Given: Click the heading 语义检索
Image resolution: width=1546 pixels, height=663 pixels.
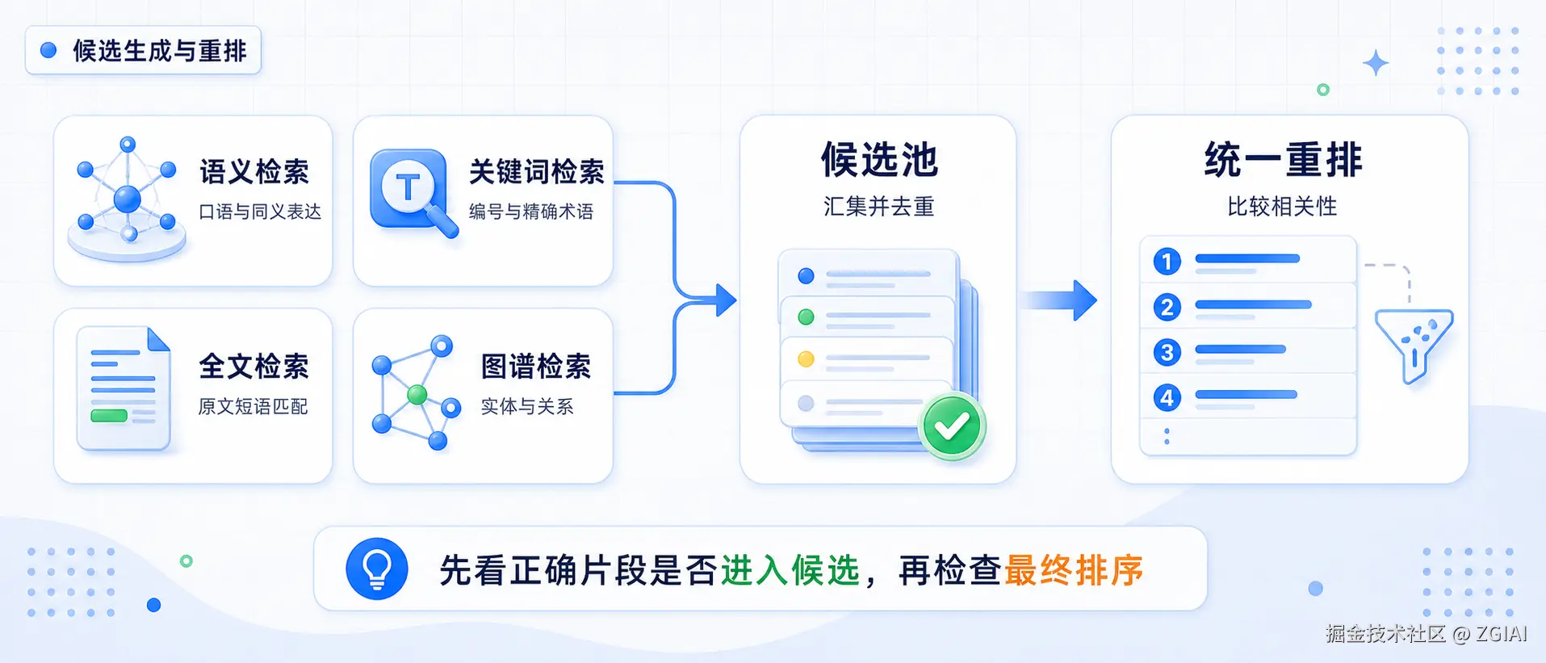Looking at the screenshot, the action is tap(254, 172).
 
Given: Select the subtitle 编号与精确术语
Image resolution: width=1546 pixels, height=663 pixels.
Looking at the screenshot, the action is tap(531, 212).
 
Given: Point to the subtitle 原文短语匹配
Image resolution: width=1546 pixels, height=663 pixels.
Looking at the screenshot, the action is tap(253, 406).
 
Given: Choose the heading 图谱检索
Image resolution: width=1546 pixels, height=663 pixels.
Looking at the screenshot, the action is tap(536, 367).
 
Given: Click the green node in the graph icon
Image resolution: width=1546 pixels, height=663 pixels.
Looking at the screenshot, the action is tap(417, 394).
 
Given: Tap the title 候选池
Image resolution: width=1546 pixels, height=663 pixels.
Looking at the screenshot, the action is tap(879, 159).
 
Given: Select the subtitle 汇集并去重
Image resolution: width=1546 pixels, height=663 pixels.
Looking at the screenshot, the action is tap(878, 207).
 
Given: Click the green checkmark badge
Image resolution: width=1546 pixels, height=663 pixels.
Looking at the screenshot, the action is tap(953, 426).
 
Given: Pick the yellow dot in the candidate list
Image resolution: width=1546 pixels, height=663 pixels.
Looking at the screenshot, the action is tap(806, 359).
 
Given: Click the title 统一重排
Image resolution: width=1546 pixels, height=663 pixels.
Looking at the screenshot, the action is tap(1283, 159).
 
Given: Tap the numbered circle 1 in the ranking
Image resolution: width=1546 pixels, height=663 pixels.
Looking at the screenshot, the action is tap(1167, 262).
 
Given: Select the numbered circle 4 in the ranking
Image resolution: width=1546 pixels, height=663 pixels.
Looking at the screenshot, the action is tap(1167, 397).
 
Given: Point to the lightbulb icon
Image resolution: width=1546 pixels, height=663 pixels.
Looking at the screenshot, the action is tap(377, 569).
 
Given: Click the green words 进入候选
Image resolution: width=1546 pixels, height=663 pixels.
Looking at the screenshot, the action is tap(790, 571).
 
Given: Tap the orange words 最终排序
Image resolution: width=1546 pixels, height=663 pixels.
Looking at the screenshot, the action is tap(1074, 571).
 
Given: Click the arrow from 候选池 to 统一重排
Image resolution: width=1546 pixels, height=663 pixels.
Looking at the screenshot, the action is tap(1059, 300).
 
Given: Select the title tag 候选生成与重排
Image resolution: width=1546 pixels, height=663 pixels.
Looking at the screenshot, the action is tap(143, 50).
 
